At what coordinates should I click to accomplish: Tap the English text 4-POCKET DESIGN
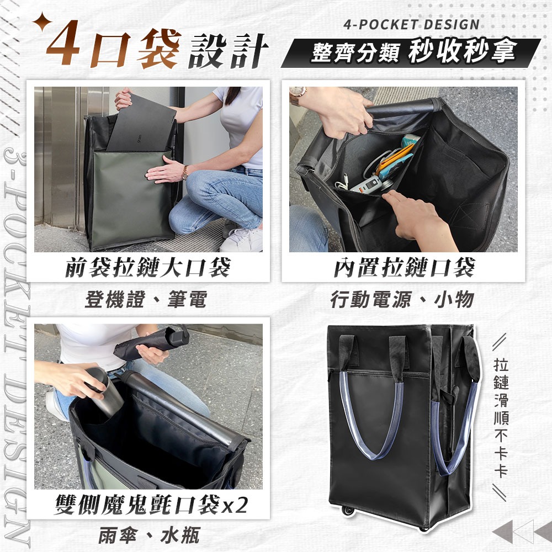[411, 25]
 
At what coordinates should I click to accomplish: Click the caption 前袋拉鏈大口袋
[147, 267]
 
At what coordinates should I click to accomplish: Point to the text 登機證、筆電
[146, 300]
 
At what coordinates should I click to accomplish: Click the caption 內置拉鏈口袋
[404, 267]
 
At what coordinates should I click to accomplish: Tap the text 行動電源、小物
[402, 300]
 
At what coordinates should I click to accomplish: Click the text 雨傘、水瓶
[149, 535]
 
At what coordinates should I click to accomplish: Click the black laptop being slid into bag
[141, 124]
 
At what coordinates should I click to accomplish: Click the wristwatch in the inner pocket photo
[298, 95]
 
